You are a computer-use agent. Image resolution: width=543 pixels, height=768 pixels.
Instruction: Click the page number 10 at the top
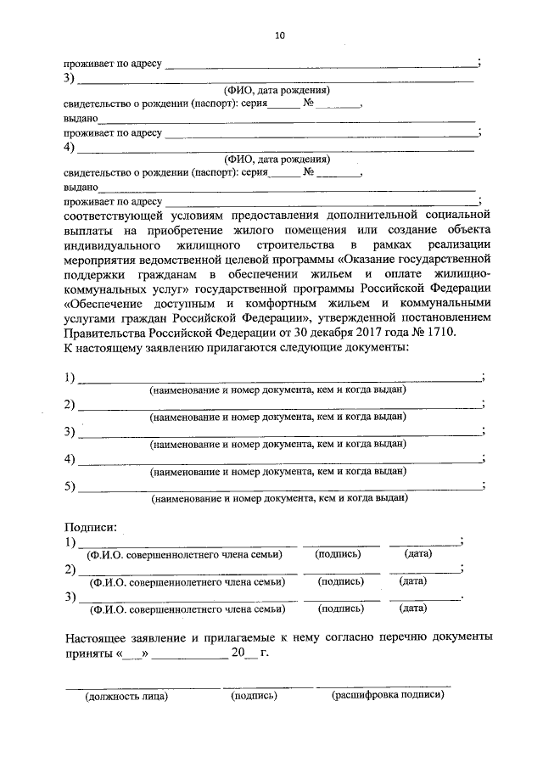280,35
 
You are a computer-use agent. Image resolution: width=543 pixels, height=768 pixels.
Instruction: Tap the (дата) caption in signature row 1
419,553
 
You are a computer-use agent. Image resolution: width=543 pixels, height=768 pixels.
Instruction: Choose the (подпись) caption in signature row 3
341,608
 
